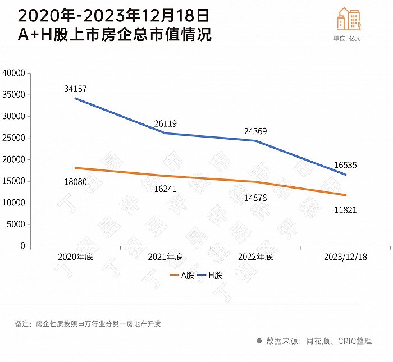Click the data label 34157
[75, 89]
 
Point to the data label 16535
[345, 165]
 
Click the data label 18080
[75, 182]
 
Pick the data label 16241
[165, 189]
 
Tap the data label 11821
[345, 210]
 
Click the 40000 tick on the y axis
[14, 73]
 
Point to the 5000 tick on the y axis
[16, 224]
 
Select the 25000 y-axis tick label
[14, 138]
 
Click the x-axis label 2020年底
[75, 257]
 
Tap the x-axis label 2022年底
[255, 257]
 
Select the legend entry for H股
[211, 276]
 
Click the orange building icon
[349, 20]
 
